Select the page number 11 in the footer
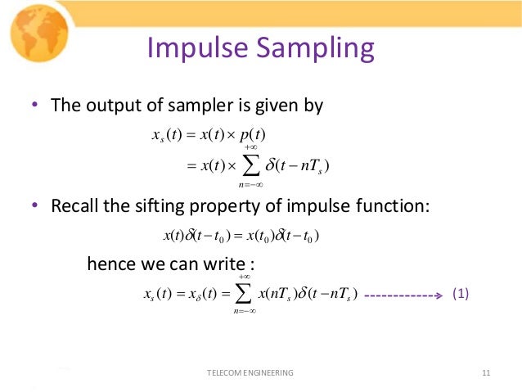(486, 373)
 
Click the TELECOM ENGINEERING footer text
(251, 373)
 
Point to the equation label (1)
(460, 295)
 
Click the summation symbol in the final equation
(243, 295)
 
